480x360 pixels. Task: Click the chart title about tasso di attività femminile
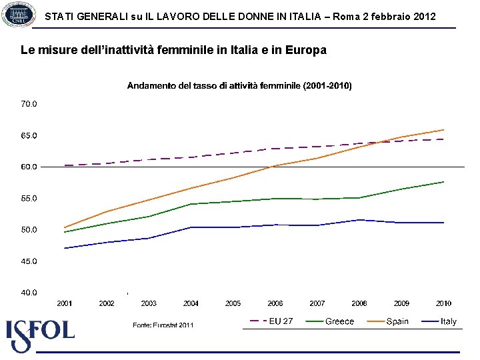click(x=239, y=86)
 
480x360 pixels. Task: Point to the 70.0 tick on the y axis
click(x=29, y=104)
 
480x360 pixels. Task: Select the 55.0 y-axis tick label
click(x=29, y=199)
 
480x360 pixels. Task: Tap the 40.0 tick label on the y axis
click(x=29, y=293)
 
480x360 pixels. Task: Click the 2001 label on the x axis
click(x=65, y=303)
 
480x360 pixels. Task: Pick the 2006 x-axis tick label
click(x=275, y=303)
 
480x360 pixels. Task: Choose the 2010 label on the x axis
click(x=443, y=303)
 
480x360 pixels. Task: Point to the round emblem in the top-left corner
click(x=19, y=13)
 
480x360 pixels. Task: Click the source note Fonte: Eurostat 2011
click(x=163, y=325)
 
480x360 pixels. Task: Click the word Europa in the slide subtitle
click(x=307, y=50)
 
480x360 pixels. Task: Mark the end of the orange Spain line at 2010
click(x=443, y=130)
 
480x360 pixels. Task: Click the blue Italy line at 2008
click(x=359, y=220)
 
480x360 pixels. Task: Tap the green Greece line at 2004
click(x=191, y=204)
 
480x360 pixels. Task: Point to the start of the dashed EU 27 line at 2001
click(x=65, y=165)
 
